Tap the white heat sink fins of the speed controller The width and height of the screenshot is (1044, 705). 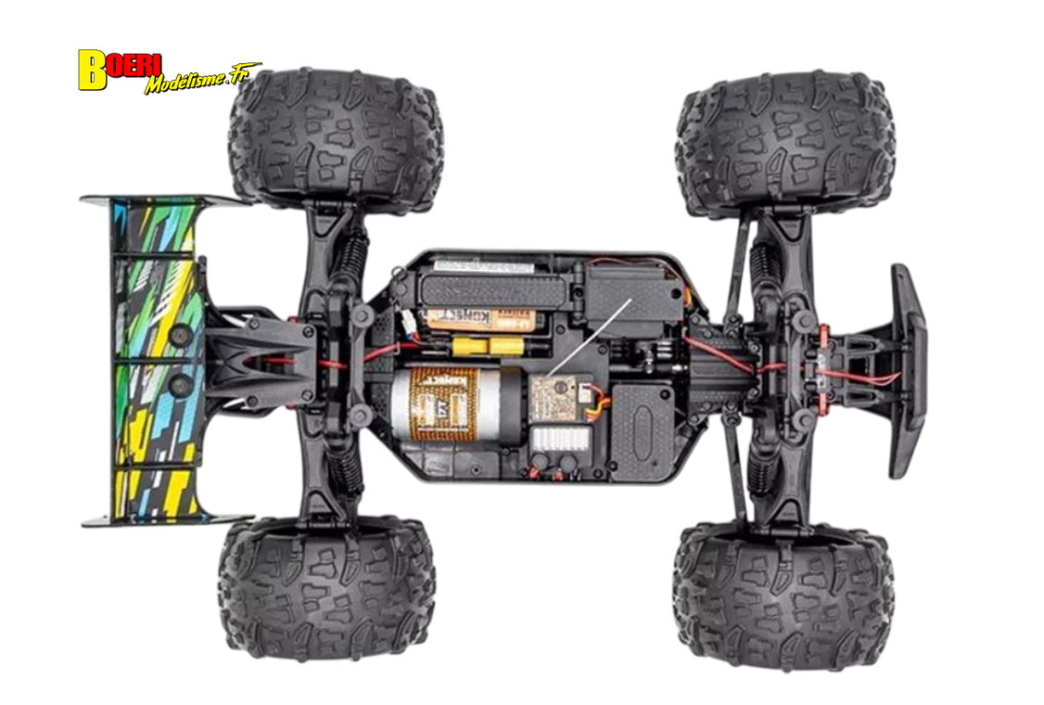point(559,437)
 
